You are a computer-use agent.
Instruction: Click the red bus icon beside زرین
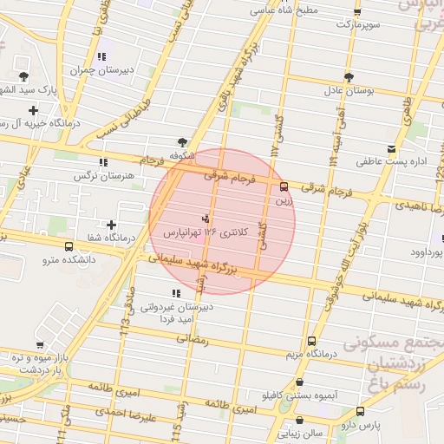point(284,186)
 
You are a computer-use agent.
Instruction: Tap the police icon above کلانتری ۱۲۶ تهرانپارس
point(206,218)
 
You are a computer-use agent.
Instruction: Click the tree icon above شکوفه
point(181,142)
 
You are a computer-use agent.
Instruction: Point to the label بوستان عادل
point(348,90)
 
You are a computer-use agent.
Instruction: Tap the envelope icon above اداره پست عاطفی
point(392,148)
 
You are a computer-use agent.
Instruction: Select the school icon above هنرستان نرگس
point(103,162)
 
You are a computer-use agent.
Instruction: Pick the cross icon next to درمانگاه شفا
point(112,225)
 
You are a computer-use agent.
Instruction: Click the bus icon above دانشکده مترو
point(69,246)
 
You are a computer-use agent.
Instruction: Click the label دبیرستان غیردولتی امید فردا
point(160,313)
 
